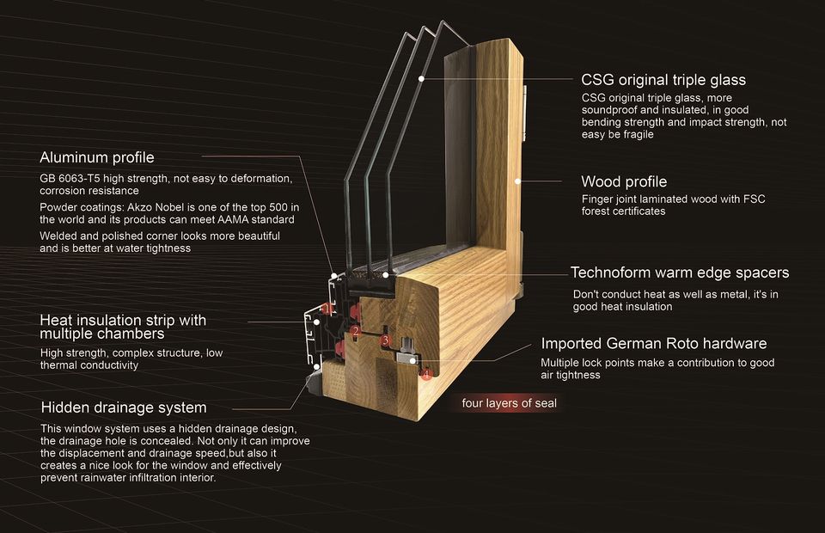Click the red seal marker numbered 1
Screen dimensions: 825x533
pyautogui.click(x=327, y=309)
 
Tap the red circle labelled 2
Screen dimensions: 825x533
pyautogui.click(x=356, y=331)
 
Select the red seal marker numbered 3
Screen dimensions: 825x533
pyautogui.click(x=386, y=340)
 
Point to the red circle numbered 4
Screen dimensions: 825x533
pyautogui.click(x=425, y=374)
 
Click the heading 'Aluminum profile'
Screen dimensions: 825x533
pyautogui.click(x=97, y=157)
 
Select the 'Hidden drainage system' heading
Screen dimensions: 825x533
pyautogui.click(x=124, y=407)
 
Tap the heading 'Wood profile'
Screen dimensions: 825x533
pyautogui.click(x=624, y=181)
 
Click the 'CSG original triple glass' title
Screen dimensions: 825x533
pyautogui.click(x=663, y=80)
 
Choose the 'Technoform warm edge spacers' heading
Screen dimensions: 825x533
pyautogui.click(x=680, y=273)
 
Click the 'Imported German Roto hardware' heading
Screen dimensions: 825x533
pyautogui.click(x=654, y=344)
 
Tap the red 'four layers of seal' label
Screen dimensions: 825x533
pyautogui.click(x=509, y=403)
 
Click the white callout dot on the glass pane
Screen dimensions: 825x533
pyautogui.click(x=421, y=78)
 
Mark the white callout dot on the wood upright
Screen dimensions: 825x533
pyautogui.click(x=517, y=181)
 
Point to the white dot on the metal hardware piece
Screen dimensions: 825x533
pyautogui.click(x=412, y=361)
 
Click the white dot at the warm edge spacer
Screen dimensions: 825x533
pyautogui.click(x=386, y=274)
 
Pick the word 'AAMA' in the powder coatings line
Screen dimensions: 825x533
pyautogui.click(x=233, y=219)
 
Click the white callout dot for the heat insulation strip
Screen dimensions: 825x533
pyautogui.click(x=317, y=322)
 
